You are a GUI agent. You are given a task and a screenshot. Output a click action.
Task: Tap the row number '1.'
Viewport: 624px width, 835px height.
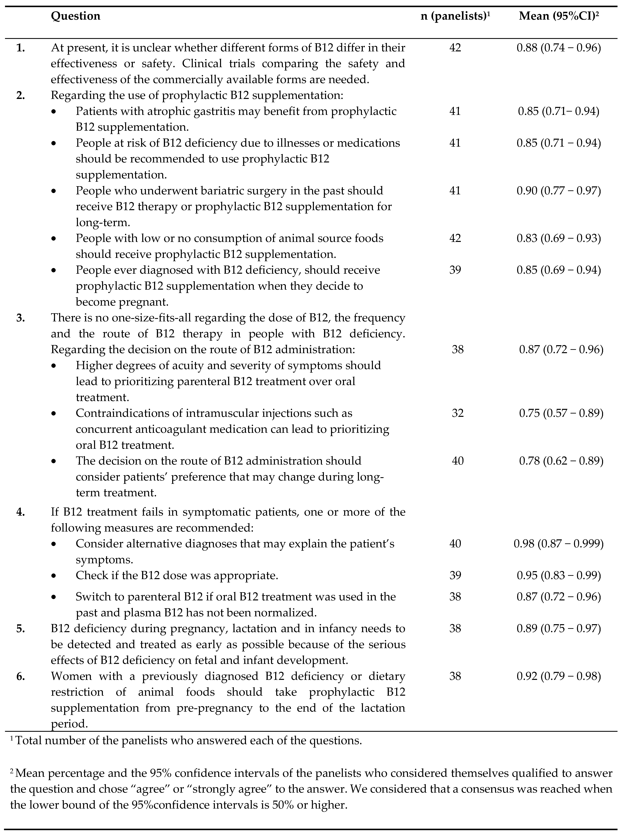click(x=21, y=48)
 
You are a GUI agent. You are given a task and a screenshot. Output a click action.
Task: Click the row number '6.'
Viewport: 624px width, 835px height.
click(x=21, y=676)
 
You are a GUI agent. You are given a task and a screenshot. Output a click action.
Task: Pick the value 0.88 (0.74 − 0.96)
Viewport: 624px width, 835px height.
click(x=559, y=48)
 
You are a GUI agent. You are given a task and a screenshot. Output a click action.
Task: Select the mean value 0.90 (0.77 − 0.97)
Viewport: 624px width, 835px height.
click(x=559, y=191)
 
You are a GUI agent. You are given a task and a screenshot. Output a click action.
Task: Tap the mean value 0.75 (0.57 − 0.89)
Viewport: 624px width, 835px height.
click(x=561, y=413)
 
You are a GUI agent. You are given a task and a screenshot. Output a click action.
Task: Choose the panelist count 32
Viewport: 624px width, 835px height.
click(x=458, y=413)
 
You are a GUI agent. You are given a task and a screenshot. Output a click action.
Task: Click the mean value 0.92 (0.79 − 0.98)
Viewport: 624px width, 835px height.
click(x=559, y=676)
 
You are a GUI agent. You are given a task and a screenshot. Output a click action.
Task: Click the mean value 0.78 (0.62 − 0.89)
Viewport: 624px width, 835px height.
click(x=561, y=461)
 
